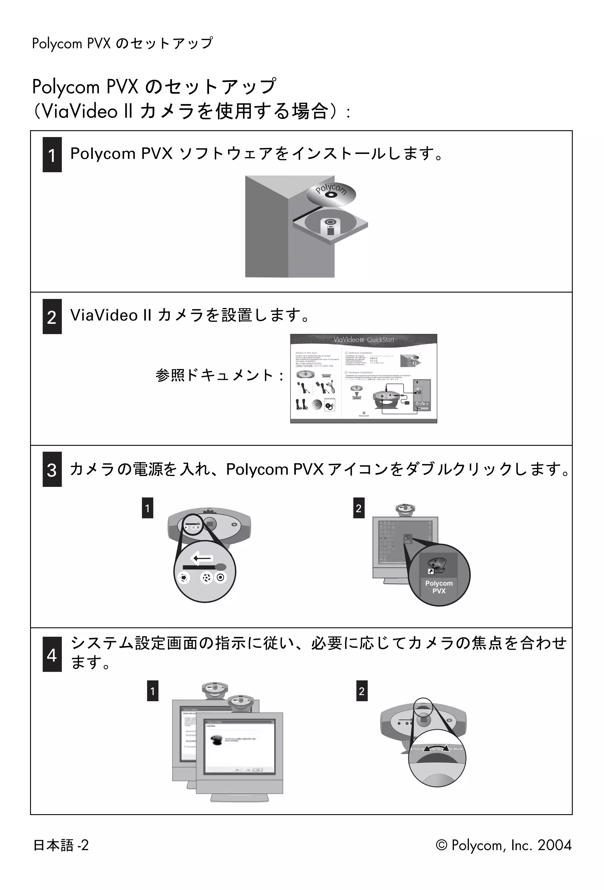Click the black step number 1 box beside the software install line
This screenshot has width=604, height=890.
52,155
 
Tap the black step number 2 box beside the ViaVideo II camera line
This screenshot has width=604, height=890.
52,317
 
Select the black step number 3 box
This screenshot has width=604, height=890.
52,469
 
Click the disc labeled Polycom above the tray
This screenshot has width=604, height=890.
331,193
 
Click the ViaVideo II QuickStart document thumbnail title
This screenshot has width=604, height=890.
363,340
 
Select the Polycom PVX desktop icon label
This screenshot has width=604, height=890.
439,587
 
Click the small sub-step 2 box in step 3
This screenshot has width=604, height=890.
359,508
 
